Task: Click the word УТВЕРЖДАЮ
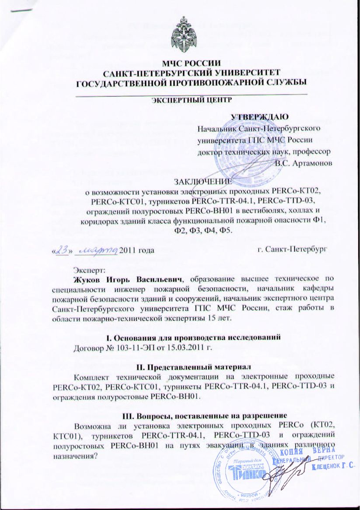tap(262, 117)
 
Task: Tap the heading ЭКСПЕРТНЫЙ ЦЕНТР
tap(190, 100)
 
